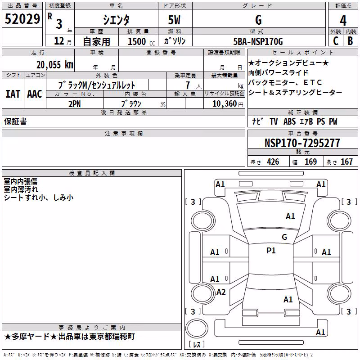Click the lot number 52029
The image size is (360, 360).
pos(22,19)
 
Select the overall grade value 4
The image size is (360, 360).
pos(343,20)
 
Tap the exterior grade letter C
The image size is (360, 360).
pos(336,41)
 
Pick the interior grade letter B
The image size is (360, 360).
pos(350,41)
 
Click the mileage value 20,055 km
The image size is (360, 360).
pos(55,65)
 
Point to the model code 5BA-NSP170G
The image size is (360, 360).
pos(258,41)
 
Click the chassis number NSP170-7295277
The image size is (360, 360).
pos(302,143)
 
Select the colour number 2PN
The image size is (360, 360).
pos(75,104)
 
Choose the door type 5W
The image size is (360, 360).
pos(174,20)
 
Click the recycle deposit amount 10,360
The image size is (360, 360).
pos(225,104)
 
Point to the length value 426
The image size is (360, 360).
pos(273,162)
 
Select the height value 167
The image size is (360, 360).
pos(346,162)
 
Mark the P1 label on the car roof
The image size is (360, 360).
pos(271,251)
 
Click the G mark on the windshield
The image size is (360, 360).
pos(284,237)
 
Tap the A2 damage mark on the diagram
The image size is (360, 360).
pos(221,292)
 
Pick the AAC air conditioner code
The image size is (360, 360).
pos(35,94)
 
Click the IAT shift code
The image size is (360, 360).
pos(13,94)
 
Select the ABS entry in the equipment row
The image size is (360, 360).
pos(289,121)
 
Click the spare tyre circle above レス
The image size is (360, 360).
pos(197,328)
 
